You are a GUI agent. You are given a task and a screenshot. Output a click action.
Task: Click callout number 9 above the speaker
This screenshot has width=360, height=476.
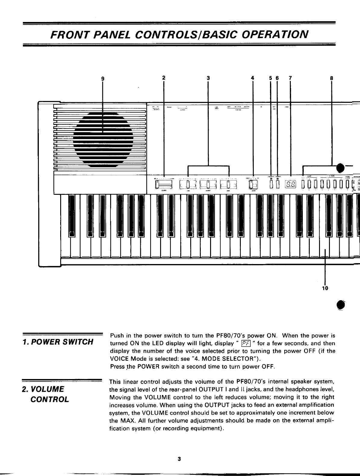(x=103, y=78)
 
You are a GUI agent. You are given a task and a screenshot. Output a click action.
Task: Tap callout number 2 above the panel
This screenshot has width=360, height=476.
(x=163, y=77)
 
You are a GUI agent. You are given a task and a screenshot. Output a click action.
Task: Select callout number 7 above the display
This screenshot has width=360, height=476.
(x=290, y=78)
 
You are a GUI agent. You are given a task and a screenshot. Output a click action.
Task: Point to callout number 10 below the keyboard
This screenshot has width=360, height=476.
(x=324, y=288)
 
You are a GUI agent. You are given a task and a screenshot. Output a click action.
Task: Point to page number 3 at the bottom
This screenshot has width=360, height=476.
(x=179, y=459)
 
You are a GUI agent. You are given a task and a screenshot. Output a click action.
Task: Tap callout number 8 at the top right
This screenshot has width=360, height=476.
(x=331, y=78)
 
